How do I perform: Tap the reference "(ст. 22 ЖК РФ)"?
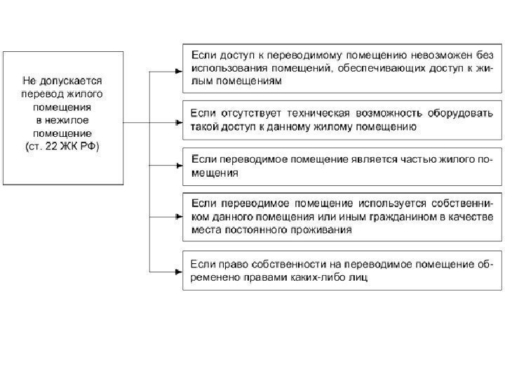coord(62,147)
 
